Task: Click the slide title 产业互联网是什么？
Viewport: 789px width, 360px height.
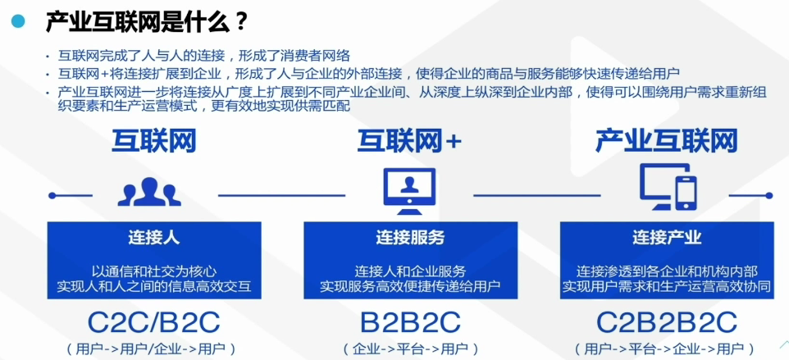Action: click(x=147, y=21)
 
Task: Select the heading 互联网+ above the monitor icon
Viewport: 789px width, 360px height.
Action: click(x=409, y=141)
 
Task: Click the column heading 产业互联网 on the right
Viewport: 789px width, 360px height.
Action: click(x=666, y=141)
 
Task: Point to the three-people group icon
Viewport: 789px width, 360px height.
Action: click(x=149, y=192)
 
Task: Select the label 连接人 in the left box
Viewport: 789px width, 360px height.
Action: click(x=153, y=238)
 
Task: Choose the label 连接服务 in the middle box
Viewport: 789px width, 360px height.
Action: click(x=410, y=238)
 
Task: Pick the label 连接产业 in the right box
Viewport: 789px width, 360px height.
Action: click(x=667, y=238)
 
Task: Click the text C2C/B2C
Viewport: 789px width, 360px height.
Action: click(x=153, y=321)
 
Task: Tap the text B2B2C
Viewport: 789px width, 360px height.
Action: click(x=410, y=321)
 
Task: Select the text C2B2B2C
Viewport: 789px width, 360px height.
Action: click(x=667, y=321)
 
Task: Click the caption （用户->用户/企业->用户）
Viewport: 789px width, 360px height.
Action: click(x=153, y=349)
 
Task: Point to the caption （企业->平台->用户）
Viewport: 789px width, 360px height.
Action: click(x=410, y=349)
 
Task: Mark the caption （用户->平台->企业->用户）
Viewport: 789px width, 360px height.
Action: click(x=667, y=349)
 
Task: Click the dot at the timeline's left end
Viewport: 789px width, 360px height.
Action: click(x=52, y=195)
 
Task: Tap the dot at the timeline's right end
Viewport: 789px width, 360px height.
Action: click(x=768, y=195)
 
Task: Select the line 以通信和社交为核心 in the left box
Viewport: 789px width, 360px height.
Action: click(x=153, y=271)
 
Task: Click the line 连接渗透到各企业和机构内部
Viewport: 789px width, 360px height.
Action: click(x=667, y=271)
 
